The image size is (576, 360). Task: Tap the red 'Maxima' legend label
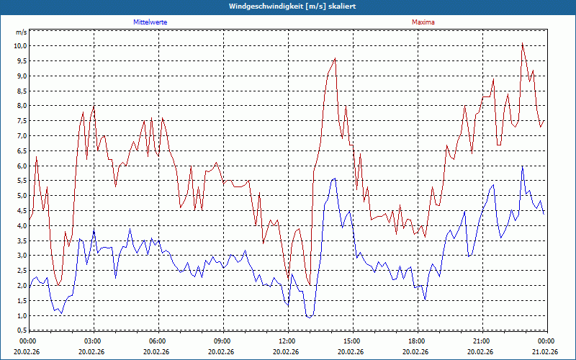(x=423, y=22)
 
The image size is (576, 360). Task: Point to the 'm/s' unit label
(x=21, y=32)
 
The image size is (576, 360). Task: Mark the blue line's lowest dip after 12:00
(x=309, y=317)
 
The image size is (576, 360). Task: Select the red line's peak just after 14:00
(x=335, y=59)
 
